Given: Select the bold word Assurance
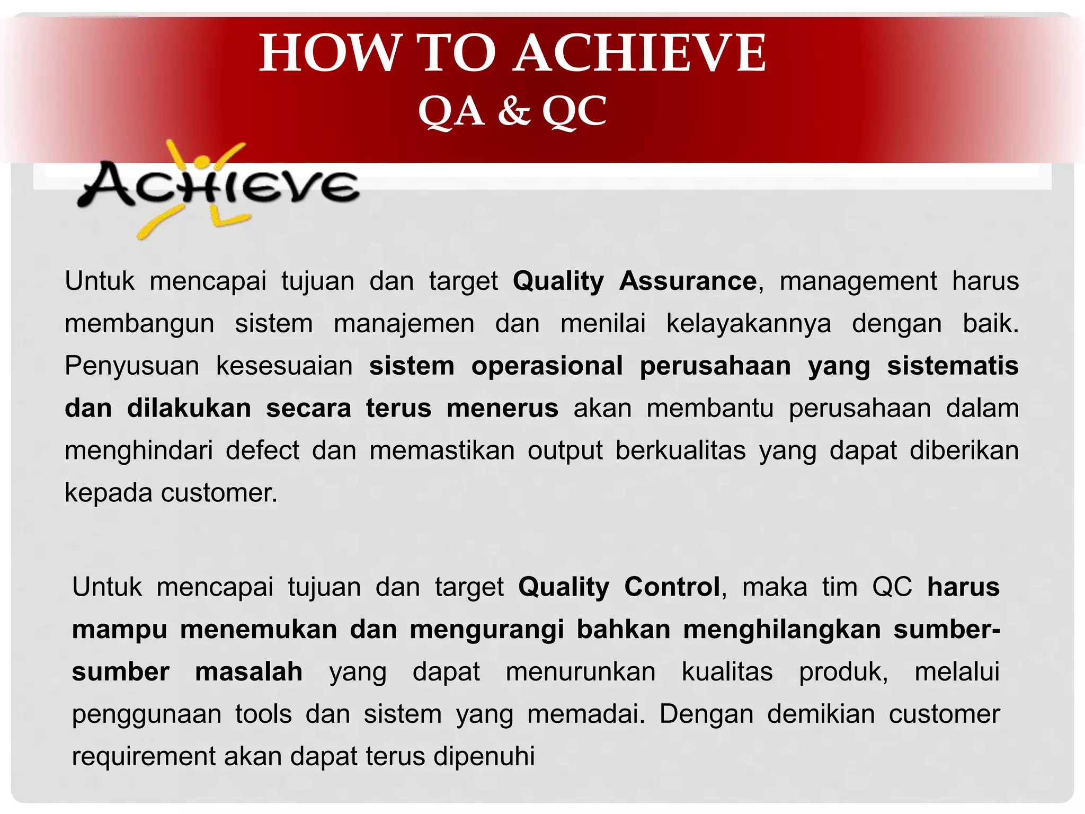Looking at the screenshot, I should (688, 281).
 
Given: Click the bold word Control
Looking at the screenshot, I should (672, 587).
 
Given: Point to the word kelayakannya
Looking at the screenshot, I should (748, 323).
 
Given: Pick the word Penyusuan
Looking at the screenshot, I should (131, 366).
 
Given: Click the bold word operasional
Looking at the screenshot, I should (547, 366).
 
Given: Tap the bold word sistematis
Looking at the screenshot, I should (953, 366).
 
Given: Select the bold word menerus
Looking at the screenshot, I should (502, 408).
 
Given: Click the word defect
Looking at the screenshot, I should (262, 450).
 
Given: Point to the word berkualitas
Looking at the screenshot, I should (681, 450).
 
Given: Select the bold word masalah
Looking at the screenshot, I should (248, 672).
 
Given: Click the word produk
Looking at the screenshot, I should (843, 672).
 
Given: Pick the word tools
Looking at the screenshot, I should (263, 714).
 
